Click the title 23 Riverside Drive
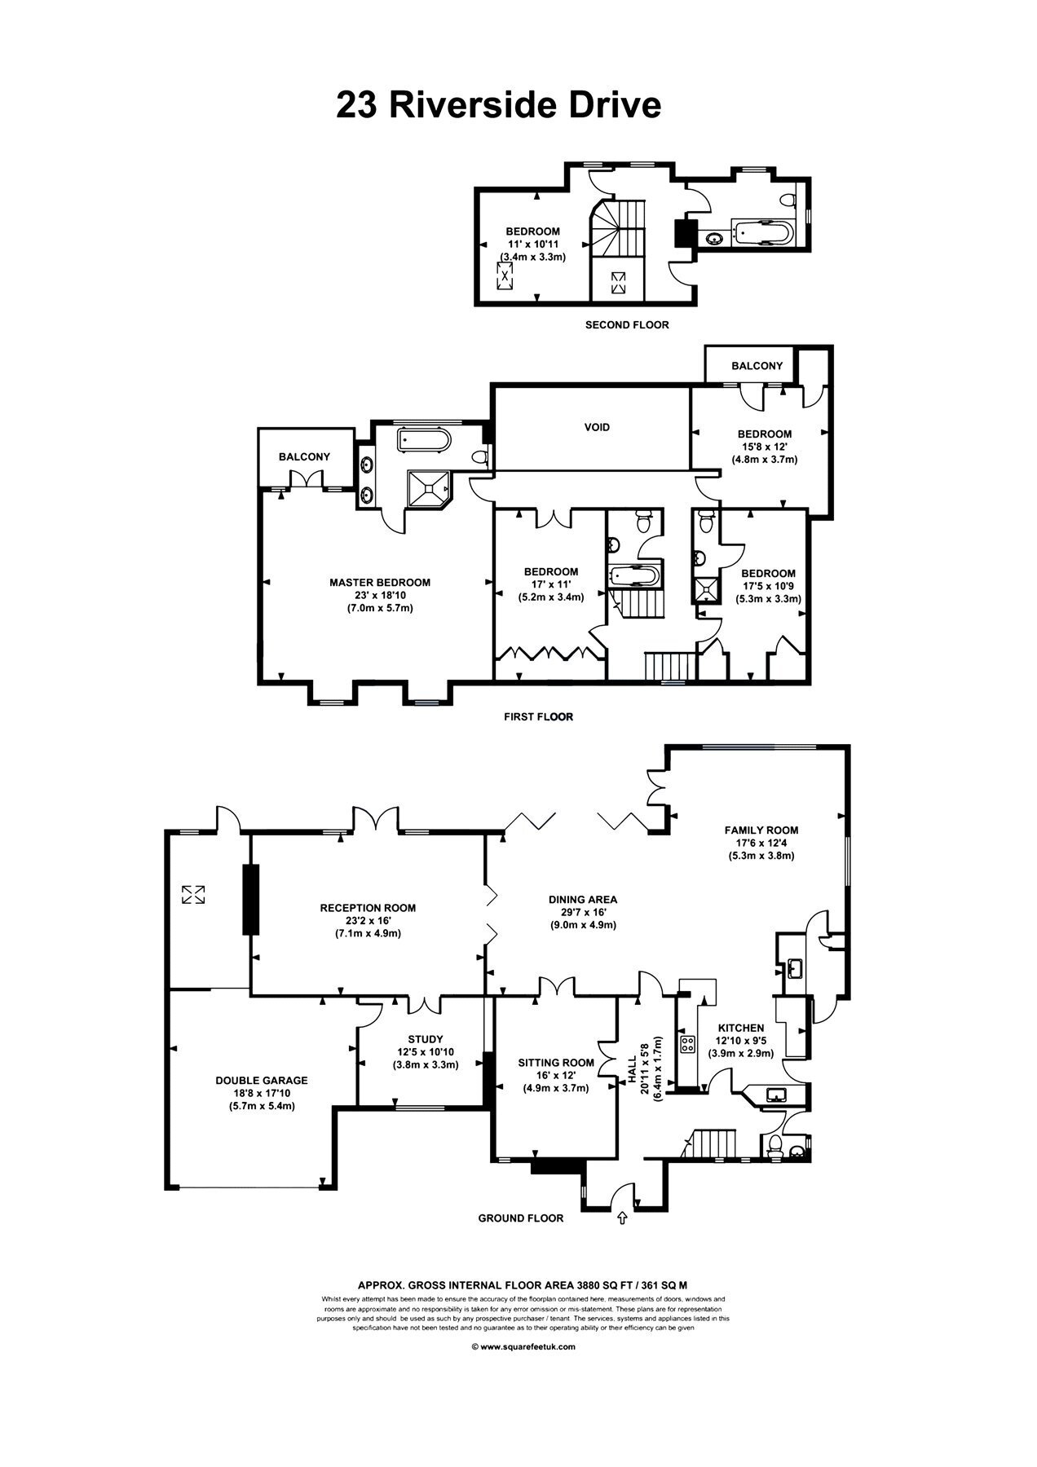[498, 106]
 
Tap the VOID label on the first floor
[598, 427]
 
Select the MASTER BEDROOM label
[380, 583]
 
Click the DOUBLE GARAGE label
[262, 1081]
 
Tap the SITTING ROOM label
[556, 1063]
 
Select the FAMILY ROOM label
[761, 830]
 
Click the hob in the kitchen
[687, 1043]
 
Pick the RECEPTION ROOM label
[368, 908]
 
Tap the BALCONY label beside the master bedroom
[304, 457]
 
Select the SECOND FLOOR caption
[627, 325]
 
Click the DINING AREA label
[583, 900]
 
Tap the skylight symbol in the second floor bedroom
[505, 275]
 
